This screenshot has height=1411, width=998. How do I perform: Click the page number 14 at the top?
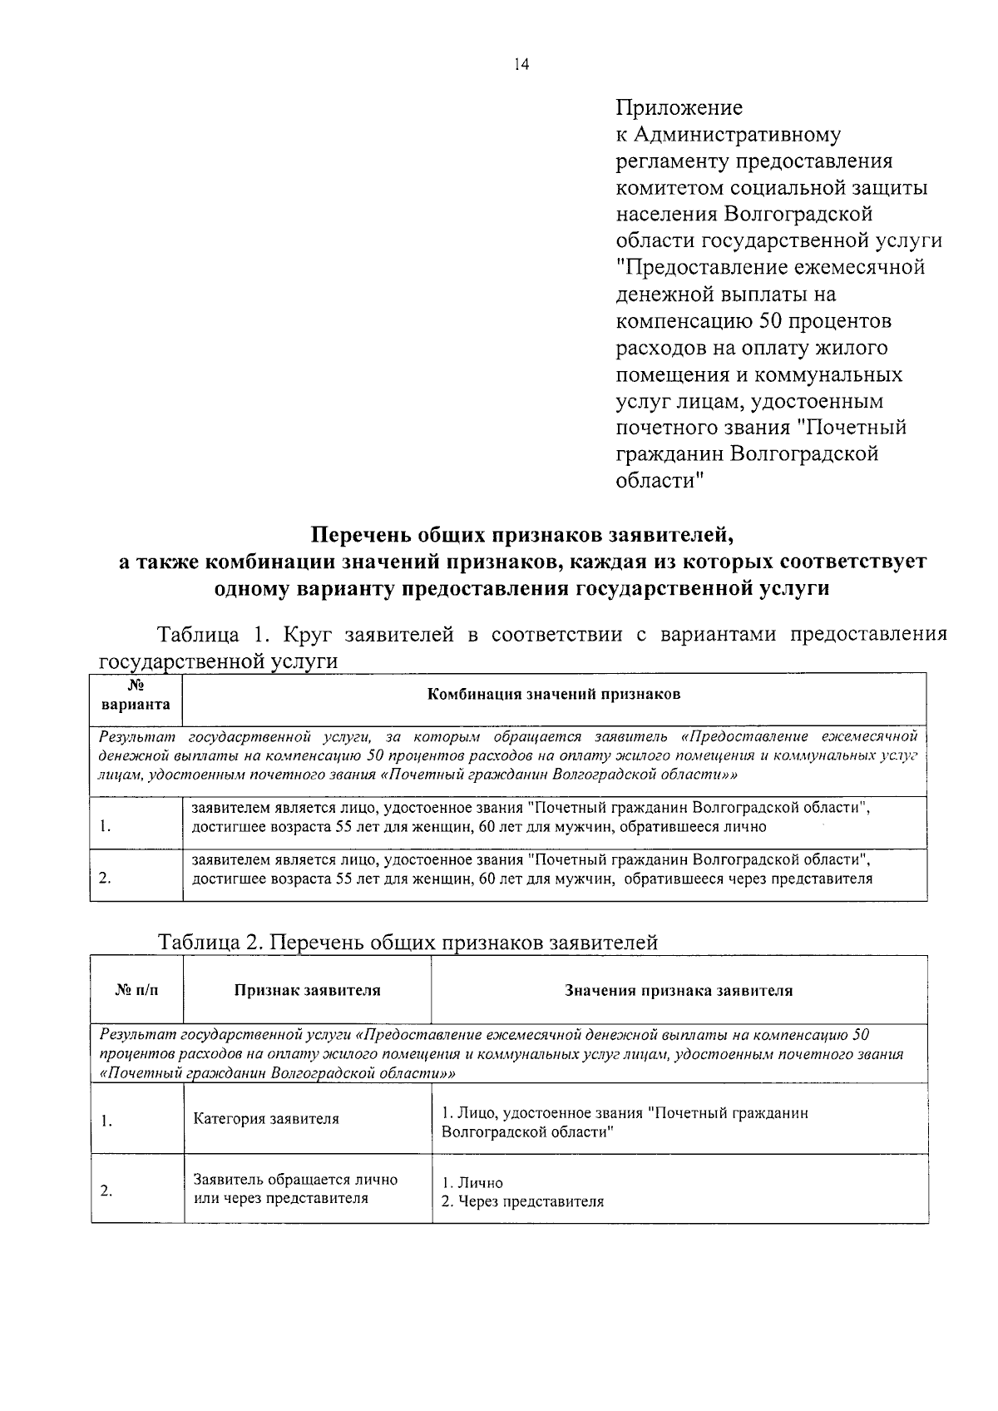(x=521, y=67)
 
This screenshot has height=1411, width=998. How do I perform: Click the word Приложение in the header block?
(x=679, y=108)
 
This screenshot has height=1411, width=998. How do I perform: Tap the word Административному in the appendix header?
(x=737, y=135)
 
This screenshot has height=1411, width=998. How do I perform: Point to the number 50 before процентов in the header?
(x=766, y=321)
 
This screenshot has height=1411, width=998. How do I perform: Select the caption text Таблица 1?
(x=210, y=635)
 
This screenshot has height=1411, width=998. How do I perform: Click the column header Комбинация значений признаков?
(x=554, y=694)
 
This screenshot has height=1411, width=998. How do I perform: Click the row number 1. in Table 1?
(x=105, y=827)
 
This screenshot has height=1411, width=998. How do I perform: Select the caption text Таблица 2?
(x=210, y=943)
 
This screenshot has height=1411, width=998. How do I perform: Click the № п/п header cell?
(x=136, y=990)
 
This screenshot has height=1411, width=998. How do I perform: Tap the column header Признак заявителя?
(x=307, y=990)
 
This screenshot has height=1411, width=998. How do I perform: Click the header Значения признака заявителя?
(x=679, y=990)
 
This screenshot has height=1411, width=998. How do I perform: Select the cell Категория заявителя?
(x=266, y=1119)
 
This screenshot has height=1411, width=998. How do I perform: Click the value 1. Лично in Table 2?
(x=472, y=1183)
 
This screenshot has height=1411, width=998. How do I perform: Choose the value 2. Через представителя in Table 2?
(x=522, y=1202)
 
